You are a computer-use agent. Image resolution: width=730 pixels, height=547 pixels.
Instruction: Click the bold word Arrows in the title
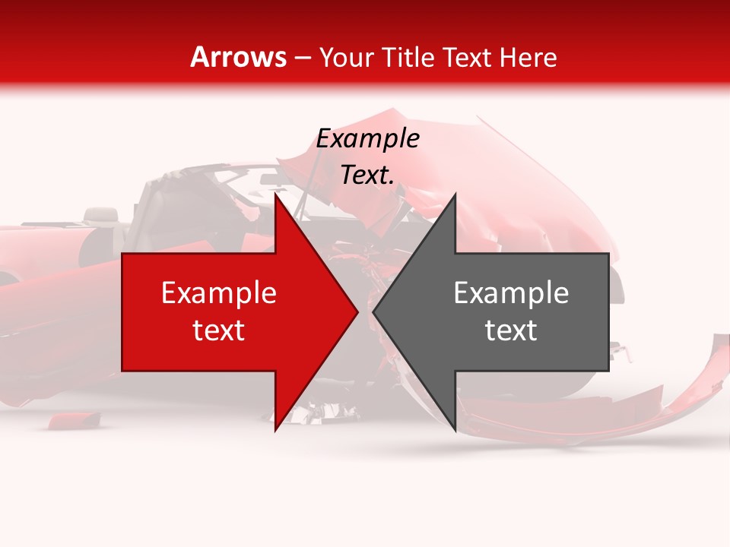238,57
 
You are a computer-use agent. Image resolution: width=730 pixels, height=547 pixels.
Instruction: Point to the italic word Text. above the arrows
367,175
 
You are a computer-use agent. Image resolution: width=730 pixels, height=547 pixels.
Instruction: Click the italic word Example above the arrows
367,139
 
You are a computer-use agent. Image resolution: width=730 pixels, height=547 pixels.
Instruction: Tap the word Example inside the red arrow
219,292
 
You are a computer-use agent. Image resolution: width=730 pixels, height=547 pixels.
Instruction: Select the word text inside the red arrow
219,330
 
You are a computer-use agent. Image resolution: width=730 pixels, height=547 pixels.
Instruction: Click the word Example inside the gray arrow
511,292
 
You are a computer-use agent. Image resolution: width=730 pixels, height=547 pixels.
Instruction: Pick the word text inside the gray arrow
511,330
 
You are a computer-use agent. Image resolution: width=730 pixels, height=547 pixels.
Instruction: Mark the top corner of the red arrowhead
275,194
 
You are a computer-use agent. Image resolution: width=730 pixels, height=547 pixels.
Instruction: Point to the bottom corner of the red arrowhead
275,430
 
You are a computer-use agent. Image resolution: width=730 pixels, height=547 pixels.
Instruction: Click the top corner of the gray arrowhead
455,194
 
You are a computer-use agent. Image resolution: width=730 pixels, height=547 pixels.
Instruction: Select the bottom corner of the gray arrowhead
455,430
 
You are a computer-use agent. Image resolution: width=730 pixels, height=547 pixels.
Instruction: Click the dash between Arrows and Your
301,58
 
